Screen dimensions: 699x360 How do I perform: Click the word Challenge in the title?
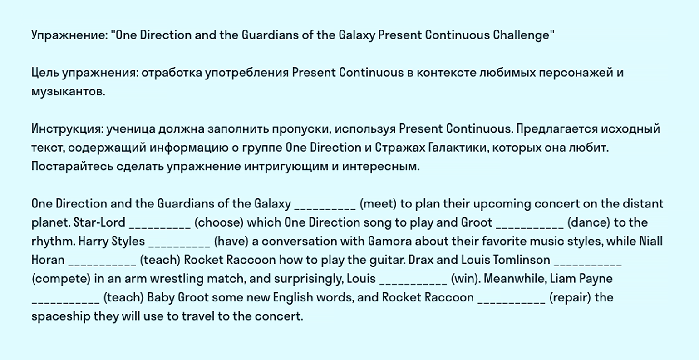click(x=524, y=35)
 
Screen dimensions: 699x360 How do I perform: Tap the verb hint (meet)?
click(x=378, y=204)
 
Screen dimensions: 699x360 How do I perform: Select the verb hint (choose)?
click(x=219, y=222)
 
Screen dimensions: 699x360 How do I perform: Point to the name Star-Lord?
click(x=99, y=222)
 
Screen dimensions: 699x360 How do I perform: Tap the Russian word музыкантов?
click(x=69, y=92)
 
